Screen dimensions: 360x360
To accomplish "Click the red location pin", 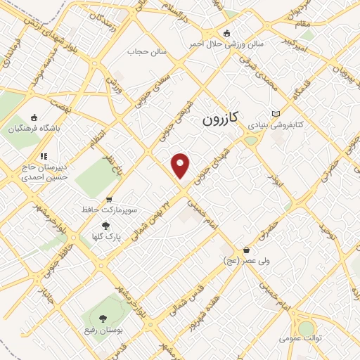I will click(x=181, y=165).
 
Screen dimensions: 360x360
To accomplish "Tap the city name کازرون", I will click(x=221, y=119).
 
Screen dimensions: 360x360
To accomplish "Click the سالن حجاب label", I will click(x=146, y=51).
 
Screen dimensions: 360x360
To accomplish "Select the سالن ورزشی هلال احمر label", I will click(x=226, y=43).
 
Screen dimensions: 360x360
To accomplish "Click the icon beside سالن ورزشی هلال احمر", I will click(x=226, y=32).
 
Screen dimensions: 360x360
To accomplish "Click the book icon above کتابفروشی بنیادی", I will click(x=276, y=113).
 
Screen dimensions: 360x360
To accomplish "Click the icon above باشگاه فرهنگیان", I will click(x=34, y=117).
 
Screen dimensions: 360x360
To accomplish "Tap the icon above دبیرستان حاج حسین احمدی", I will click(x=44, y=156).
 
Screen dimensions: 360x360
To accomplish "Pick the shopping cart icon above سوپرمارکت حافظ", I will click(x=109, y=200).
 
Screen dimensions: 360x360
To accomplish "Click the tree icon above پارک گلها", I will click(x=106, y=226).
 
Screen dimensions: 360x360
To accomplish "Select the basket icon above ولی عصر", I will click(x=246, y=250).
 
